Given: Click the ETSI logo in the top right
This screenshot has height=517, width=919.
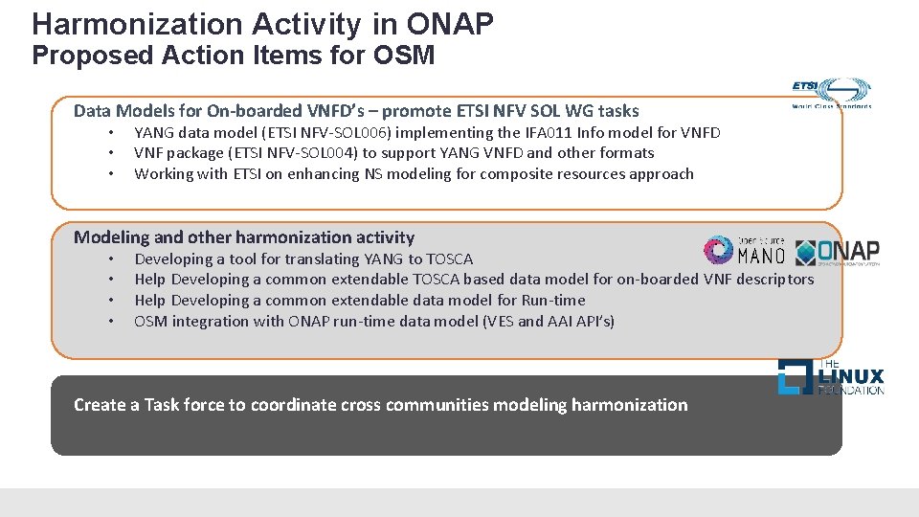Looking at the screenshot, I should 831,94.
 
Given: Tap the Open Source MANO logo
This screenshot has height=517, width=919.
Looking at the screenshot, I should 745,250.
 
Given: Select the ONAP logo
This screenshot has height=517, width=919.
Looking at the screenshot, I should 838,251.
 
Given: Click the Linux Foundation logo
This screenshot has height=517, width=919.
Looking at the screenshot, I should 830,377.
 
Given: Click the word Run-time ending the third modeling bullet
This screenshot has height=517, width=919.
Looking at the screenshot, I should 553,301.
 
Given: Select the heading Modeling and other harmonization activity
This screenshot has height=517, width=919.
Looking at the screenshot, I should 244,237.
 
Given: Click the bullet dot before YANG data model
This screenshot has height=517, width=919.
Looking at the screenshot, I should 111,133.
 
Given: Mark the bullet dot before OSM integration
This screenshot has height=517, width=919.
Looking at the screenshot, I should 111,322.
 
